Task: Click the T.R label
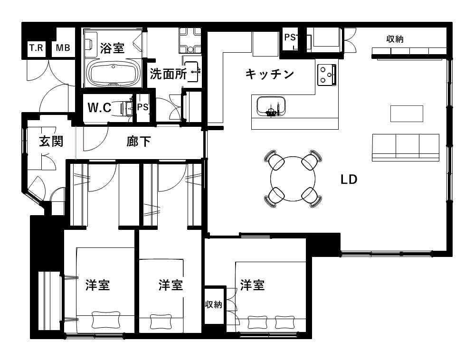click(36, 48)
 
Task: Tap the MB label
click(63, 48)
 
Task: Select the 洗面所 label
click(169, 74)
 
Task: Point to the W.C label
click(99, 107)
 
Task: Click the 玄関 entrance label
click(51, 141)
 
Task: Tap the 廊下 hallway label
click(139, 141)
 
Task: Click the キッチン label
click(270, 74)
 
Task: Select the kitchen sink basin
click(271, 106)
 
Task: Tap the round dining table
click(293, 179)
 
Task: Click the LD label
click(349, 180)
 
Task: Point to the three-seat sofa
click(406, 148)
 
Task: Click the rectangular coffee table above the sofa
click(407, 114)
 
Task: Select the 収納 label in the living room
click(395, 39)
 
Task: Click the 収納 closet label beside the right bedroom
click(214, 304)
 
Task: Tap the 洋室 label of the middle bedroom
click(171, 285)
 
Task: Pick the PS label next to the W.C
click(142, 107)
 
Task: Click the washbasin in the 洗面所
click(191, 72)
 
